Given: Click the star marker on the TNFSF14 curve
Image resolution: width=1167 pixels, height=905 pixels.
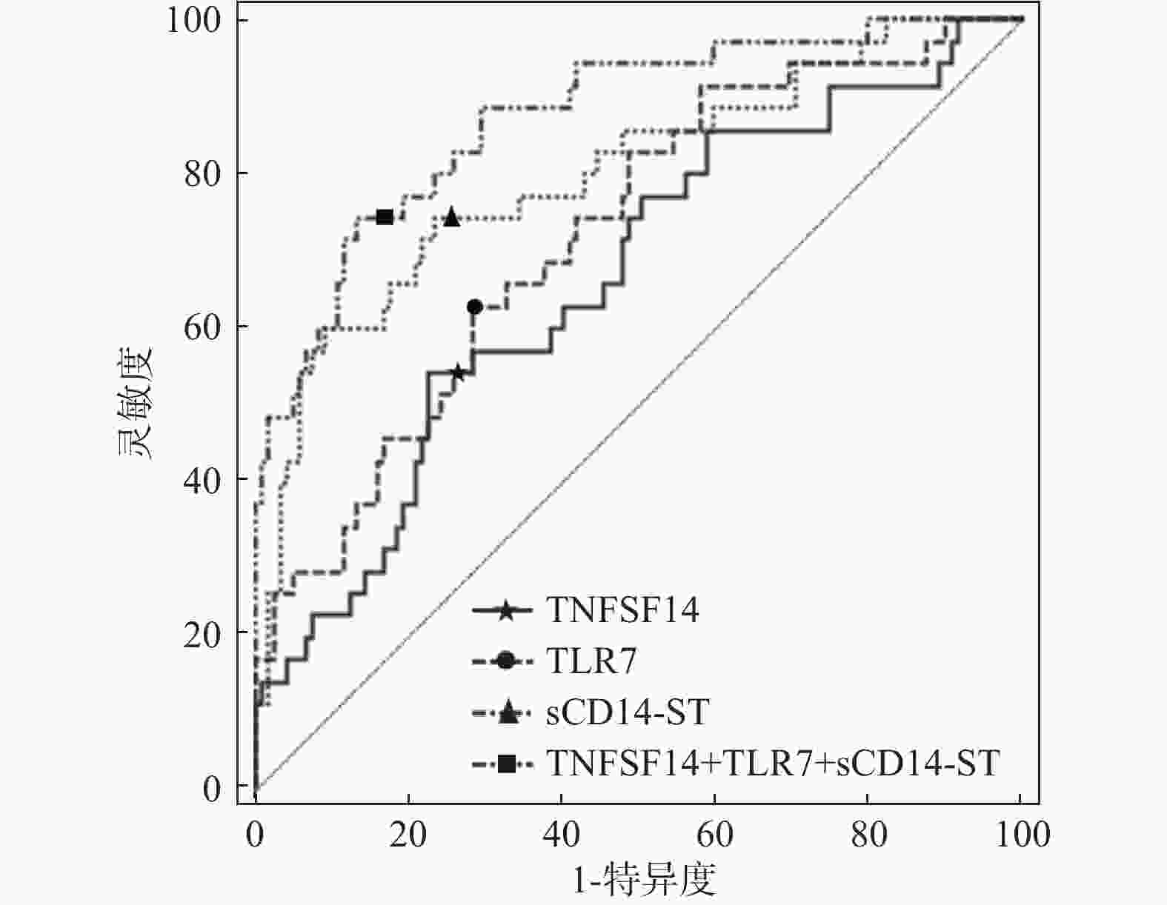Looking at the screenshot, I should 457,373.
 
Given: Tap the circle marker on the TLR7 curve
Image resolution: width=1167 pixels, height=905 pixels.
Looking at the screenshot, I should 474,307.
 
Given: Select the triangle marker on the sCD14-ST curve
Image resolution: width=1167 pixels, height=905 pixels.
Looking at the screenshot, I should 451,217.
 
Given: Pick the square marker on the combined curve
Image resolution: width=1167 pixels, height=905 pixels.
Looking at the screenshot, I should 385,217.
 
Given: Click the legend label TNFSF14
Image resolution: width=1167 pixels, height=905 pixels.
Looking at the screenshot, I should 622,611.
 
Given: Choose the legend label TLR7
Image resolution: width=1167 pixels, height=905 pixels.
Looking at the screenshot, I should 591,661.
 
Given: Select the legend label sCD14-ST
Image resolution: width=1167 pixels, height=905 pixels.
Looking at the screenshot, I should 628,712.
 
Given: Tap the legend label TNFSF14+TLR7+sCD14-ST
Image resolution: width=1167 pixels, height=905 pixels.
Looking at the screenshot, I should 773,763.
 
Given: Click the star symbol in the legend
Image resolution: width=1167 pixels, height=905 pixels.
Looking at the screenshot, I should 505,612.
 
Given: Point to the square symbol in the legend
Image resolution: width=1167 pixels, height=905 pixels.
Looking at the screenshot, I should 506,764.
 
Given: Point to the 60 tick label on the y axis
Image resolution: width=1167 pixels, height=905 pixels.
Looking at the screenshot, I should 202,327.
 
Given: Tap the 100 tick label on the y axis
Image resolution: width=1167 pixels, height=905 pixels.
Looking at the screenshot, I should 193,20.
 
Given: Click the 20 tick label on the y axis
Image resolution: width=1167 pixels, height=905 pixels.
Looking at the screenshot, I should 202,633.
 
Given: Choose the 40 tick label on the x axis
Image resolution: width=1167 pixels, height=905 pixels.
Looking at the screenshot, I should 561,835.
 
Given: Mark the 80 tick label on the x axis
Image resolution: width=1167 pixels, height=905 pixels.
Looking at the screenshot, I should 868,835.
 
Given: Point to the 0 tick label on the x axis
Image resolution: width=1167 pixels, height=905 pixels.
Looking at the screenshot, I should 256,835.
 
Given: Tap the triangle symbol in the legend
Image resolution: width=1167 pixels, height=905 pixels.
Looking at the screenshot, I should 506,712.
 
